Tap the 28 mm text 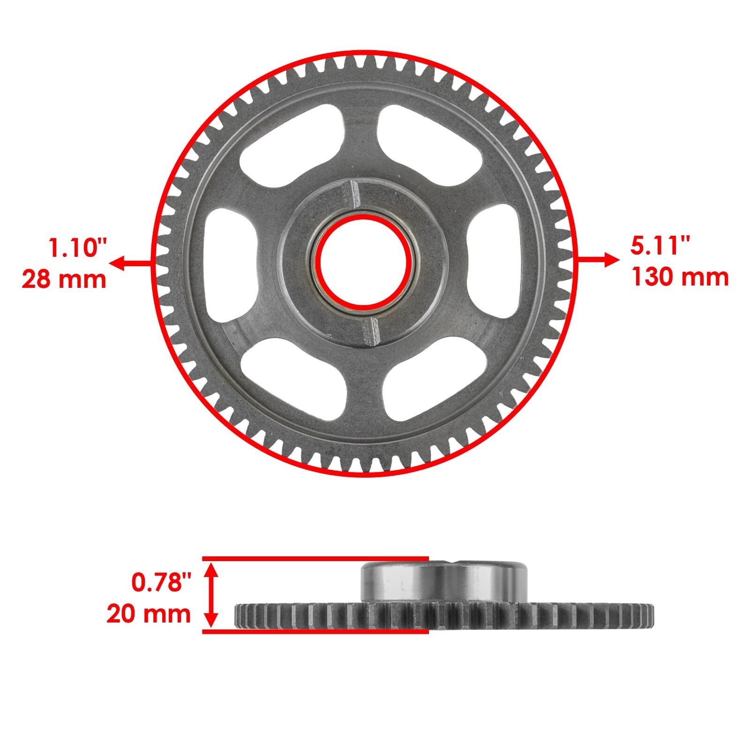64,279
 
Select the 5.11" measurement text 660,246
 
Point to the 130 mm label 680,277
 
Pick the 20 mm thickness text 149,614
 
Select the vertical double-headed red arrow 212,595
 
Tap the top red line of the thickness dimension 315,558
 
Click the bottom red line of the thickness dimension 315,632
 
